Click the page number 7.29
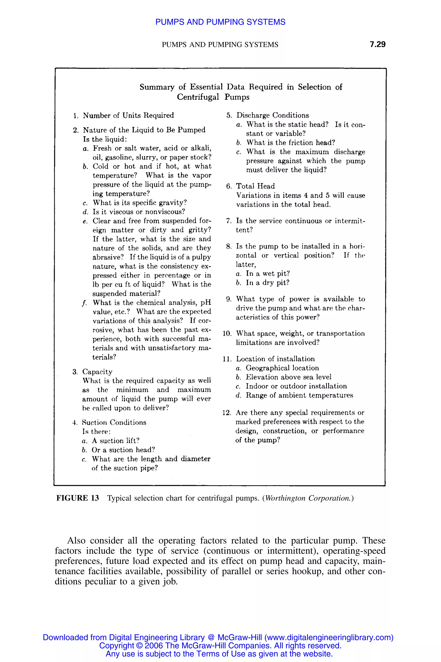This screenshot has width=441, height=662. pos(377,44)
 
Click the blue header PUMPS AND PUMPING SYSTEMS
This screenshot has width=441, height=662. pos(220,22)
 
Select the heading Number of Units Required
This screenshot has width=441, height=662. pos(128,116)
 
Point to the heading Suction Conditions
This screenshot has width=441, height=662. pos(114,422)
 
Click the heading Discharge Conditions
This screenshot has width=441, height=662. pos(272,116)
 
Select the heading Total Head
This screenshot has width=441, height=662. pos(255,186)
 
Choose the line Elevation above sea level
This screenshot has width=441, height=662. pos(288,377)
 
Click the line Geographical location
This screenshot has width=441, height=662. pos(282,368)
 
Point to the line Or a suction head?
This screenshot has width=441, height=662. pos(123,450)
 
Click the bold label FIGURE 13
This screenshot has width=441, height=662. pos(78,498)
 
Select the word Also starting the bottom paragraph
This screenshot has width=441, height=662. pos(76,541)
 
